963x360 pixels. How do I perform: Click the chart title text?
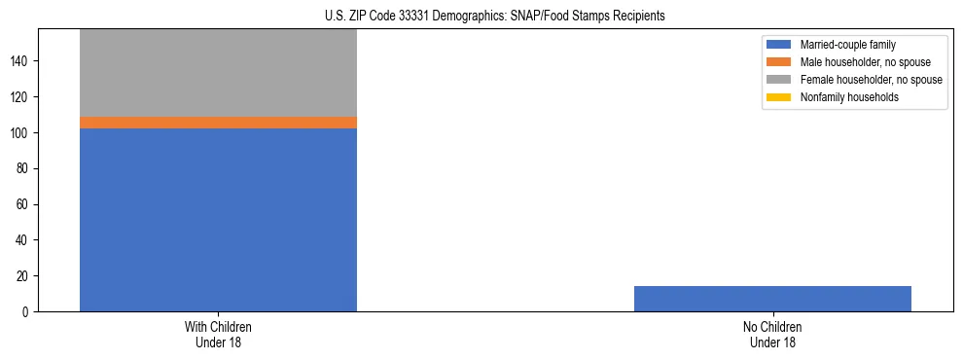pos(495,17)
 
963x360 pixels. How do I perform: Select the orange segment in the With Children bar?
pos(218,123)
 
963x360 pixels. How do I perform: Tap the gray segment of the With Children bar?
pos(218,73)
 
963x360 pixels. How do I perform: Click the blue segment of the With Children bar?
pos(218,220)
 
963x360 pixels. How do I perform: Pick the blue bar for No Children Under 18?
pos(772,299)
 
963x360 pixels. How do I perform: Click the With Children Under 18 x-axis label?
pos(218,335)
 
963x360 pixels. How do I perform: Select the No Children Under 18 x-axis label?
pos(772,335)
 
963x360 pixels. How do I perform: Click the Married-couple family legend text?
pos(847,45)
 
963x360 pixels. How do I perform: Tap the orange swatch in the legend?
pos(778,62)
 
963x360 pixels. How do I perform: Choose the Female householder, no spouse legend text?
pos(871,80)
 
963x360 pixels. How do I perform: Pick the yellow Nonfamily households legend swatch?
pos(778,97)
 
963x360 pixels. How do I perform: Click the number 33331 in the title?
pos(414,17)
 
